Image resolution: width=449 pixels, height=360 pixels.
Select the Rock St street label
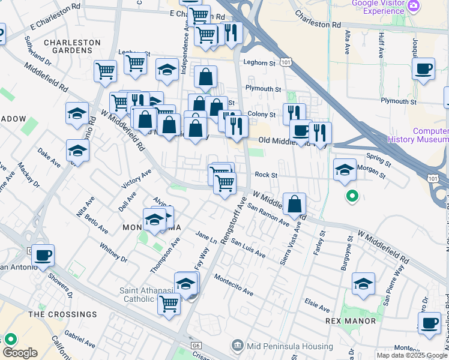[265, 175]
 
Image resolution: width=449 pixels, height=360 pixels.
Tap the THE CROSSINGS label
[62, 314]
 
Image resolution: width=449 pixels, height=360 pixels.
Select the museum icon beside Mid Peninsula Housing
[238, 346]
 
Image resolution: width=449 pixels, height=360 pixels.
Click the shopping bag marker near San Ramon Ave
[295, 205]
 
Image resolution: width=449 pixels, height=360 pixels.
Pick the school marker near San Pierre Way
[363, 284]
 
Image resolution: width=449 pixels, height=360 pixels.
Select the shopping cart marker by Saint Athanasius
[169, 304]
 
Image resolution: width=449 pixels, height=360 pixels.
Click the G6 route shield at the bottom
[195, 346]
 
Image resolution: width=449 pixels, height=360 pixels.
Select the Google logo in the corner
[20, 353]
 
